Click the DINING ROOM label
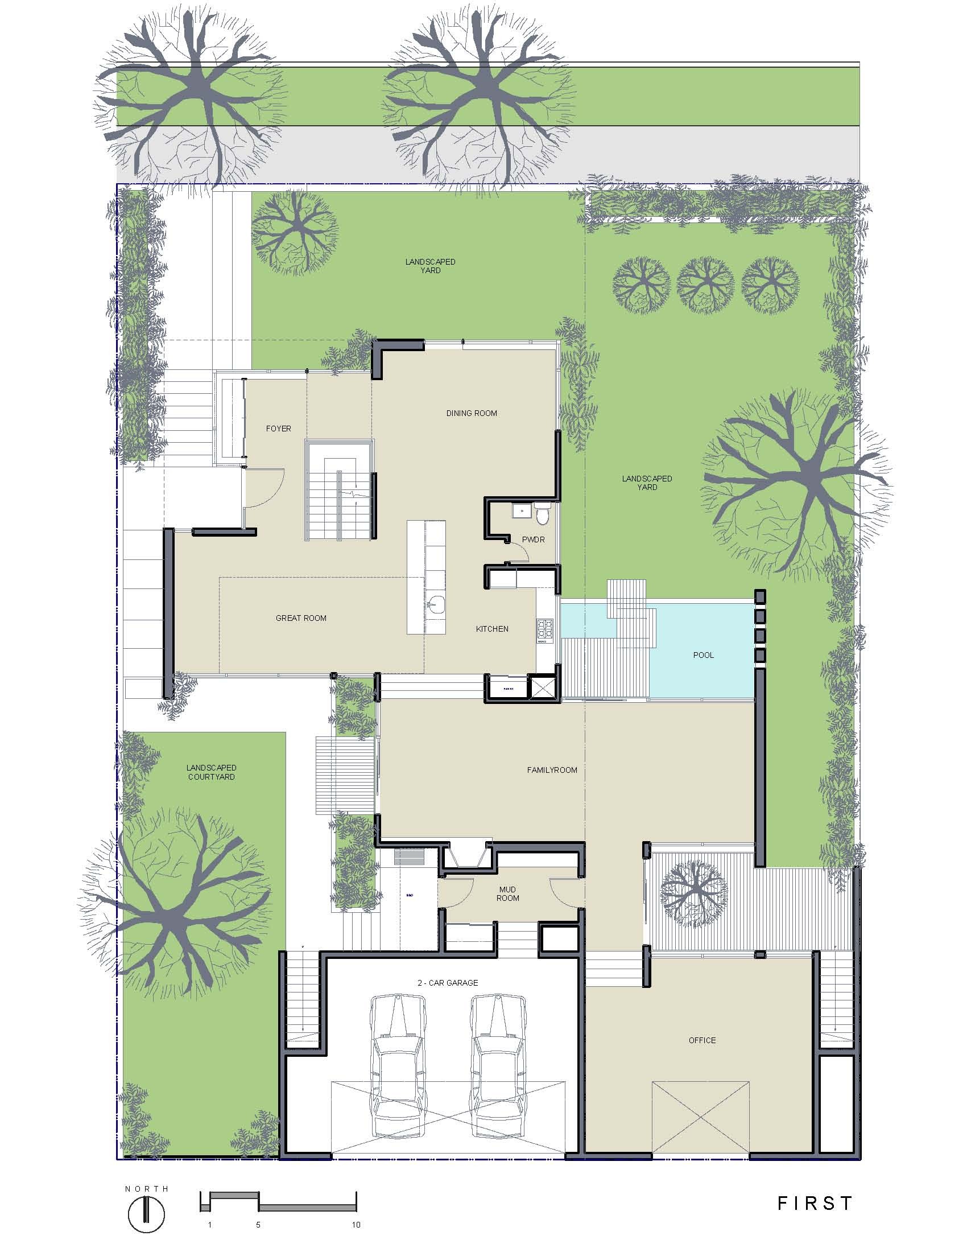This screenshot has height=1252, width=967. pyautogui.click(x=471, y=413)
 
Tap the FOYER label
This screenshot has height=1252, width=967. pyautogui.click(x=278, y=428)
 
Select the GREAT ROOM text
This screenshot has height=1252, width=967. pyautogui.click(x=301, y=618)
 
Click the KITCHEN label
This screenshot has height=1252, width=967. pyautogui.click(x=492, y=629)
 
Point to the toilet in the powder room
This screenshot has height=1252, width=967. pyautogui.click(x=543, y=516)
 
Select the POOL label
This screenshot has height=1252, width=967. pyautogui.click(x=704, y=655)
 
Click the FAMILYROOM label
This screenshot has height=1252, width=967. pyautogui.click(x=552, y=770)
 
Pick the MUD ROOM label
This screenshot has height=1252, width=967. pyautogui.click(x=507, y=893)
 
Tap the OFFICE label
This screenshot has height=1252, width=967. pyautogui.click(x=702, y=1040)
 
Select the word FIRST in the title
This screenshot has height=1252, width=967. pyautogui.click(x=815, y=1204)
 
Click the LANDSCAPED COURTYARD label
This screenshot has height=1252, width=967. pyautogui.click(x=211, y=772)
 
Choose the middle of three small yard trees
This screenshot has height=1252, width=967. pyautogui.click(x=705, y=285)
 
